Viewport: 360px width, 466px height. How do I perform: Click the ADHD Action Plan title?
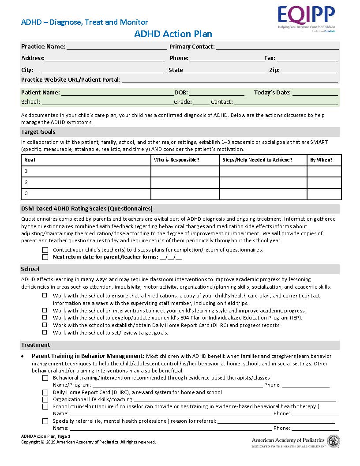[173, 34]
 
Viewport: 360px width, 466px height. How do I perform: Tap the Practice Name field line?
[116, 48]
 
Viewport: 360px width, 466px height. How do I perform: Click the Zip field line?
[309, 71]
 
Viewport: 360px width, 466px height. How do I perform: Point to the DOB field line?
[217, 94]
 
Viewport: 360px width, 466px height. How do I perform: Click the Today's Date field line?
[315, 94]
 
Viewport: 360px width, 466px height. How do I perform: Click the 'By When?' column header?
[321, 160]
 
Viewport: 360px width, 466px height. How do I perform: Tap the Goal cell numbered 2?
[86, 182]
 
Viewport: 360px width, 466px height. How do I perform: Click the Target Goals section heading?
[38, 132]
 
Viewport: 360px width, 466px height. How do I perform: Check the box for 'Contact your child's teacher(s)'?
[45, 250]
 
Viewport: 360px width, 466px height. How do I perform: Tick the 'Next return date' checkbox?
[45, 257]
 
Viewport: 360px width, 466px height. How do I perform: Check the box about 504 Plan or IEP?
[45, 318]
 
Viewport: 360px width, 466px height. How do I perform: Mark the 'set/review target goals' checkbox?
[45, 333]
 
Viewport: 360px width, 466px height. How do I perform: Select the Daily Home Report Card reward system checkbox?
[45, 392]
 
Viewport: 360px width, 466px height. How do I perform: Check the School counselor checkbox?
[45, 406]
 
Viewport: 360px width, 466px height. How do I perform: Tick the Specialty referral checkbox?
[45, 421]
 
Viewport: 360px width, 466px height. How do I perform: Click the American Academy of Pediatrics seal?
[333, 441]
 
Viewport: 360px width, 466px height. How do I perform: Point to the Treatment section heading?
[36, 345]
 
